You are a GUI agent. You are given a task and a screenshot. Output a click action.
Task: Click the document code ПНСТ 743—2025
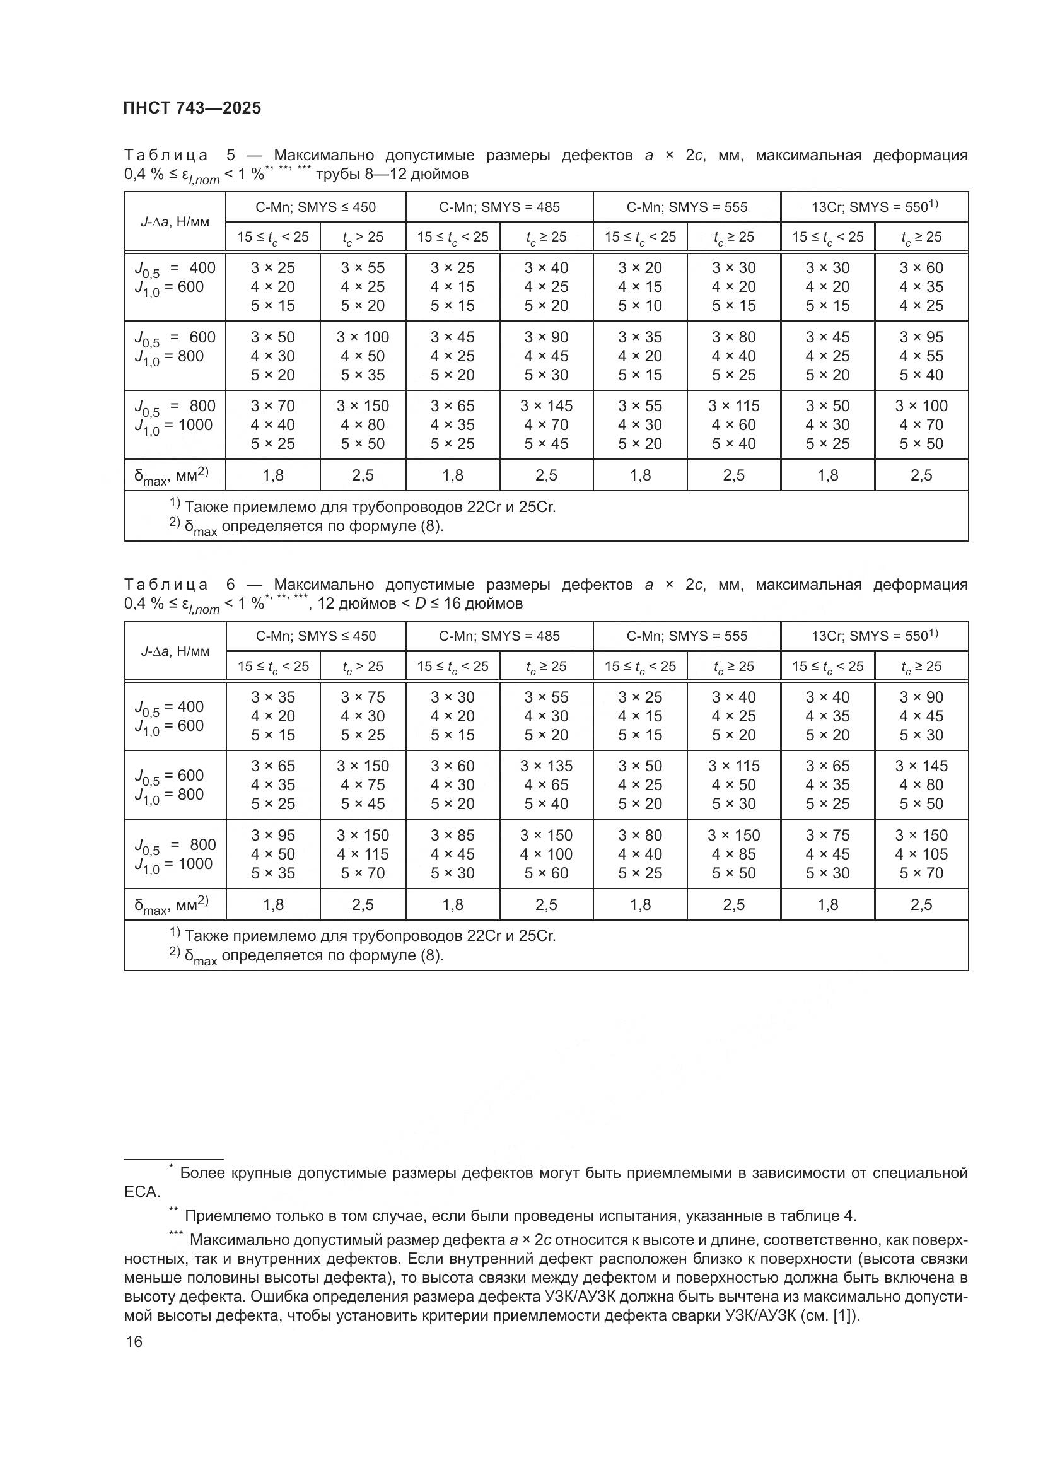coord(192,108)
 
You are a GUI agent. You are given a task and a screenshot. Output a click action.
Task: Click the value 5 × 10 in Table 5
coord(639,306)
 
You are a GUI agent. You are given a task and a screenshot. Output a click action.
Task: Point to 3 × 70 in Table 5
coord(272,406)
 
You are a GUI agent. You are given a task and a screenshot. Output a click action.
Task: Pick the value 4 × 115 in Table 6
coord(363,854)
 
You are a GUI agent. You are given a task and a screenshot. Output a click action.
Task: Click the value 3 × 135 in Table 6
coord(546,766)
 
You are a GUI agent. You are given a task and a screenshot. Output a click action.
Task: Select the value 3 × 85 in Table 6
coord(452,835)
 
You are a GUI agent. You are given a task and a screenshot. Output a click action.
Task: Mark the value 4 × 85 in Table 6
coord(733,854)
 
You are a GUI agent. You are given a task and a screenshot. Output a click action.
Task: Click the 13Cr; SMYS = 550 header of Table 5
coord(873,207)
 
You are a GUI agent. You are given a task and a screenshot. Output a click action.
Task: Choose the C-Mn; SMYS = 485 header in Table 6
coord(499,636)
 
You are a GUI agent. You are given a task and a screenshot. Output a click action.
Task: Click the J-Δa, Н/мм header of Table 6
coord(175,651)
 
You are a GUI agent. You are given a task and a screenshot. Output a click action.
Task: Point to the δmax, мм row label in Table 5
coord(171,475)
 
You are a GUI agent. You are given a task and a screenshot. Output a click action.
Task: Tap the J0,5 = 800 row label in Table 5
coord(175,406)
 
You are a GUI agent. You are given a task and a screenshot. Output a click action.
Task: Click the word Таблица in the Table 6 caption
coord(166,585)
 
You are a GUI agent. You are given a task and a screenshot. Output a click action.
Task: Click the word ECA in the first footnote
coord(141,1192)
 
